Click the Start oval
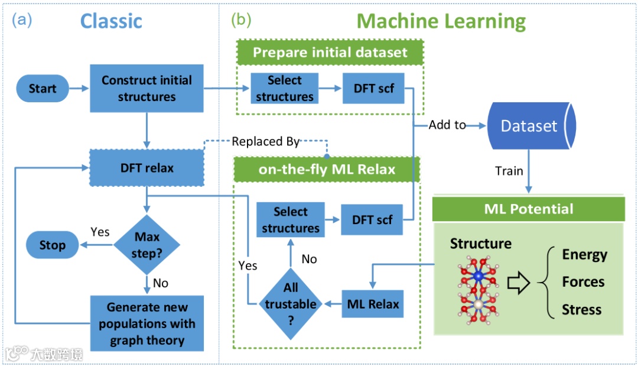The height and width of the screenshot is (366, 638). (43, 89)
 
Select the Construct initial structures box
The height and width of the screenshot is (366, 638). (147, 89)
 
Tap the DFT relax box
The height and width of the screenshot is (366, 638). (147, 168)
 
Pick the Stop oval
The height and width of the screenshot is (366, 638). (52, 245)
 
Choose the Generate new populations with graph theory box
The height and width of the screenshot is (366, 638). (147, 323)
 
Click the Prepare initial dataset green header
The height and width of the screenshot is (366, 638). (330, 52)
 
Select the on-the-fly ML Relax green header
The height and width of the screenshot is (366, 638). (327, 169)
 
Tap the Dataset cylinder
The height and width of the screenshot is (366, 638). (529, 126)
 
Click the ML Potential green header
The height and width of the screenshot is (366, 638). (529, 209)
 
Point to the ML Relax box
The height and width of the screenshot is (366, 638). (373, 305)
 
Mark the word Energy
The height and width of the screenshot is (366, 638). (584, 254)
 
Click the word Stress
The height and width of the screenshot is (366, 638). (581, 310)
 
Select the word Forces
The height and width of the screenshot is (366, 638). (583, 282)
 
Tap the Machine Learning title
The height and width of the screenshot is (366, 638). (441, 22)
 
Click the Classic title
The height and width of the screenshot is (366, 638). (111, 21)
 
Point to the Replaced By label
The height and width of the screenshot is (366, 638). (265, 142)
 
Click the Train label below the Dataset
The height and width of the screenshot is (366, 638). (509, 171)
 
